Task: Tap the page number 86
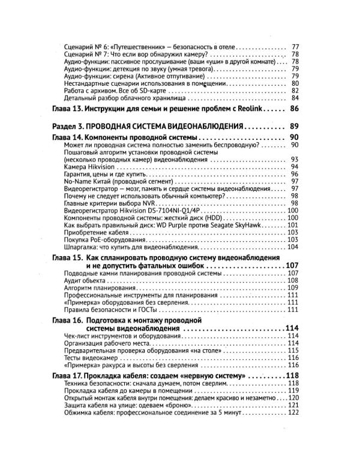coord(294,109)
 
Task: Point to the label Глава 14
coord(65,138)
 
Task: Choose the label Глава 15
coord(65,257)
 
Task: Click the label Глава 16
coord(65,320)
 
